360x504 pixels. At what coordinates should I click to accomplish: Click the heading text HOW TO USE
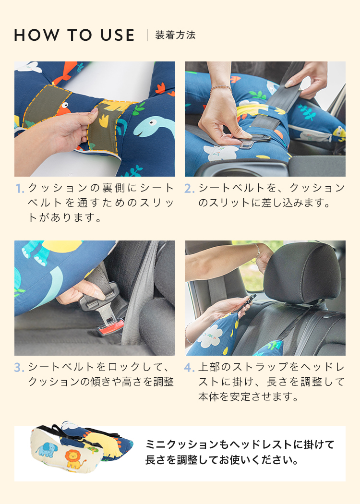tap(74, 35)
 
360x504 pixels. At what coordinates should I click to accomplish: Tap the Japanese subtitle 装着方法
tap(175, 35)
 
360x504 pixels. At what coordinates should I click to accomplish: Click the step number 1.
tap(20, 189)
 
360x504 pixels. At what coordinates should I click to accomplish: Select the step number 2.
tap(190, 189)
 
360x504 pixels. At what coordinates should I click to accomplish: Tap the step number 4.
tap(189, 368)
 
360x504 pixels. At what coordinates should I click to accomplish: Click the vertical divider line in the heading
tap(147, 35)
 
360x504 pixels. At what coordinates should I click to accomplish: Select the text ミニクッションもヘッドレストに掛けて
tap(240, 444)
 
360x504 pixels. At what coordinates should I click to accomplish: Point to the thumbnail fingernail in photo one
tap(94, 111)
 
